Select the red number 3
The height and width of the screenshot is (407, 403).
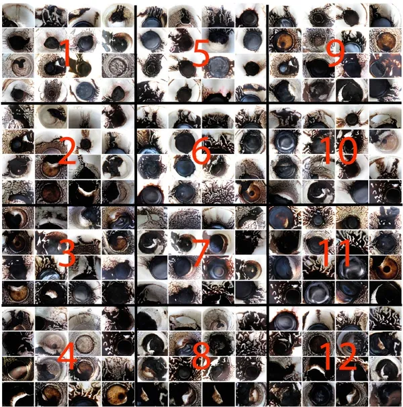click(x=66, y=253)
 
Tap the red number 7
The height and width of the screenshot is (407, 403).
click(x=201, y=253)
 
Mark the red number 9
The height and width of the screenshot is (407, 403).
click(x=336, y=54)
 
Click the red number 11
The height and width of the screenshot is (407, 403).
click(x=335, y=253)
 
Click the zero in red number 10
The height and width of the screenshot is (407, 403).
click(x=347, y=151)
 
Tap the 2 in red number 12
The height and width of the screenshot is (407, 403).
click(x=347, y=356)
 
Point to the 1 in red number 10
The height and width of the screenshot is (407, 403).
click(x=326, y=151)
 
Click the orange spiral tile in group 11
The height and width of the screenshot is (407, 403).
click(x=385, y=267)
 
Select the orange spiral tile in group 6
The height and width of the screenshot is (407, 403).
click(x=251, y=191)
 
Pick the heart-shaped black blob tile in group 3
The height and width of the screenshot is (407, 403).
click(x=17, y=218)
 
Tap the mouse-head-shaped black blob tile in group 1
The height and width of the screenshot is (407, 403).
click(x=17, y=65)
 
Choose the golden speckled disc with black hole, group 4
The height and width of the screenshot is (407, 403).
click(x=118, y=394)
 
